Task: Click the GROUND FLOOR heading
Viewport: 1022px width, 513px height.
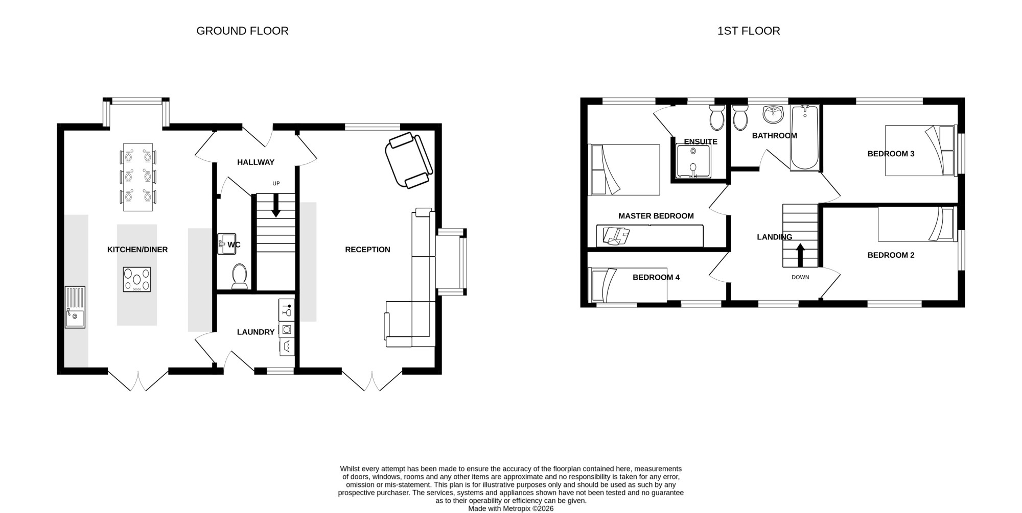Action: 242,31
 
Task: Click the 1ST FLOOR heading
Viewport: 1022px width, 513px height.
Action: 749,31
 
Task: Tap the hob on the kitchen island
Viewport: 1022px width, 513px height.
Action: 137,280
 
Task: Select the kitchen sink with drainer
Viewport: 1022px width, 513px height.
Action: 75,307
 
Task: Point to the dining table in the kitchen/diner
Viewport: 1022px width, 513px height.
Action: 138,177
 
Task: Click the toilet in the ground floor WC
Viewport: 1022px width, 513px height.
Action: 239,276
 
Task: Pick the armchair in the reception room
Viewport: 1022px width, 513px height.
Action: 409,160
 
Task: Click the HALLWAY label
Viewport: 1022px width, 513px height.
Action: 255,162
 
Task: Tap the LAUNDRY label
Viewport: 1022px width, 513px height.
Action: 255,332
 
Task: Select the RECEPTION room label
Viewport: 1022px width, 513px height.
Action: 367,250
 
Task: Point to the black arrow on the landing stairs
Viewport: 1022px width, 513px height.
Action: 800,255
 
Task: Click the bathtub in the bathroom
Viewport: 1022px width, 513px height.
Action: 805,137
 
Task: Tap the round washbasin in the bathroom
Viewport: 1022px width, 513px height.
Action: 773,114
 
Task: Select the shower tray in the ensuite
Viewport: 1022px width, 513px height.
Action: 693,161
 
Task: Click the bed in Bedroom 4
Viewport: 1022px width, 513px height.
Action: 629,285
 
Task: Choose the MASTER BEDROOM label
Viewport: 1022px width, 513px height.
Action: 656,216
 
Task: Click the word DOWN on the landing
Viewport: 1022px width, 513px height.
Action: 800,278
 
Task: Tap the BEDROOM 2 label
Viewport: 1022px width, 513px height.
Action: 891,255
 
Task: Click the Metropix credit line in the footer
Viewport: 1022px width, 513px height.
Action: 511,509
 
